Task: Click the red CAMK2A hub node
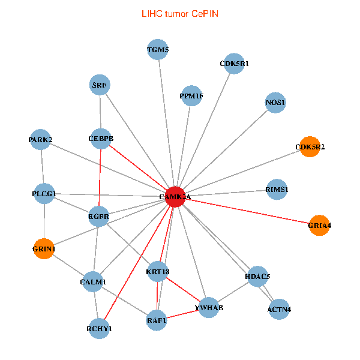(x=175, y=196)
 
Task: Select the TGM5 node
(x=158, y=50)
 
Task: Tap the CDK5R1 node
(x=234, y=64)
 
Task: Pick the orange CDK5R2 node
(x=310, y=146)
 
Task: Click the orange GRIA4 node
(x=319, y=226)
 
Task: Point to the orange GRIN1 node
(x=44, y=248)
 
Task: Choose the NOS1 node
(x=275, y=103)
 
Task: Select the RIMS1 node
(x=277, y=190)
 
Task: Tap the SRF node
(x=100, y=85)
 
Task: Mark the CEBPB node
(x=101, y=139)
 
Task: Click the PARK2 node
(x=40, y=140)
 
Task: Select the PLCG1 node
(x=44, y=194)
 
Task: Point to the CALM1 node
(x=92, y=281)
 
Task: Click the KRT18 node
(x=158, y=272)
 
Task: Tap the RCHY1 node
(x=99, y=329)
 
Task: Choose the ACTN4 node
(x=279, y=310)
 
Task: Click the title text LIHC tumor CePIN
(x=179, y=13)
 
